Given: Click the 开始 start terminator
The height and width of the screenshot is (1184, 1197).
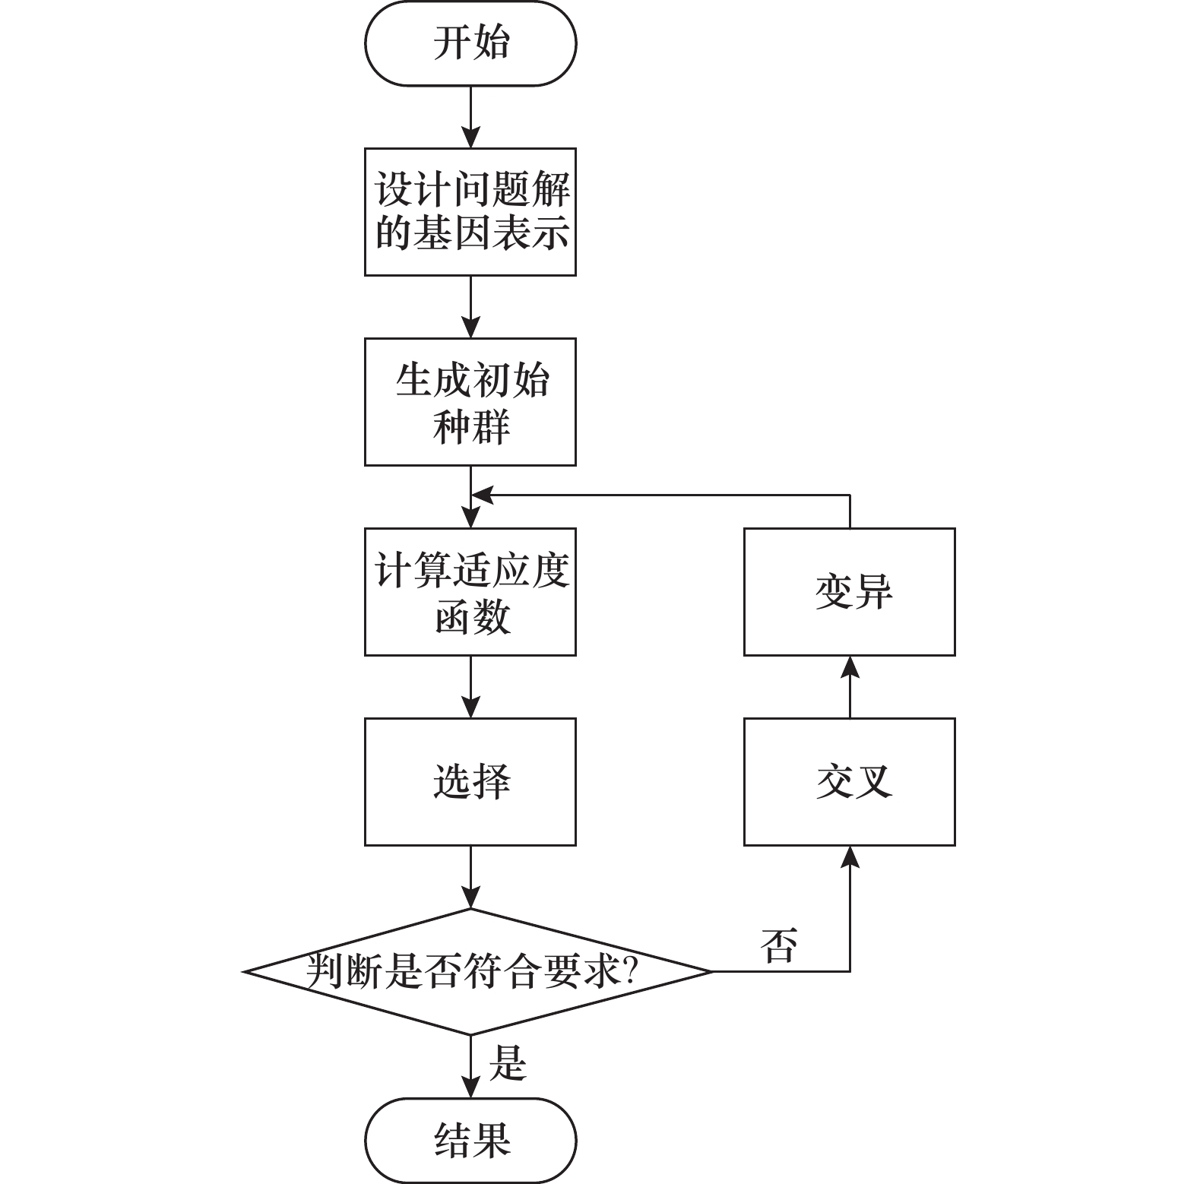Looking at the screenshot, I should [470, 43].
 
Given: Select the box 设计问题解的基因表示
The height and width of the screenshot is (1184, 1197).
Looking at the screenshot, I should [470, 211].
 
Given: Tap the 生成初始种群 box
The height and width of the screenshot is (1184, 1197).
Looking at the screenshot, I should [470, 401].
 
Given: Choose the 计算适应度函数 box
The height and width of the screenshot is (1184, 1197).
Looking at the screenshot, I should [470, 591].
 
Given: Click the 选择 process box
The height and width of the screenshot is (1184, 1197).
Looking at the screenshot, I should [470, 781].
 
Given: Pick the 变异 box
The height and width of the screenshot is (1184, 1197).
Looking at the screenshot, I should [849, 591].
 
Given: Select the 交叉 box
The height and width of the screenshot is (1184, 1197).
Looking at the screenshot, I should [849, 781].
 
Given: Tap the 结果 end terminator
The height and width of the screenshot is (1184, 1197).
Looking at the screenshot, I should [470, 1140].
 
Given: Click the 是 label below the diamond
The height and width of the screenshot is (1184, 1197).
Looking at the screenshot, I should [508, 1062].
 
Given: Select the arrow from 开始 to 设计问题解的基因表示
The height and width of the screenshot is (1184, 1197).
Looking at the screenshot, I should [470, 118].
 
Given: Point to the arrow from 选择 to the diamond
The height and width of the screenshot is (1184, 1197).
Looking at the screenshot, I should [470, 877].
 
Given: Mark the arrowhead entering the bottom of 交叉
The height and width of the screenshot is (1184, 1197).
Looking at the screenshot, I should [850, 856].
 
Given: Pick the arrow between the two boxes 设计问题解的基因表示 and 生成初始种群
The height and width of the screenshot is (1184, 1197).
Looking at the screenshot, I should [470, 307].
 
